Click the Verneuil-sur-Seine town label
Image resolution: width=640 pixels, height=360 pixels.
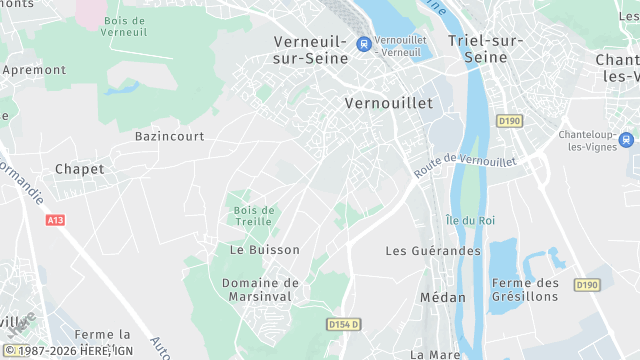311,49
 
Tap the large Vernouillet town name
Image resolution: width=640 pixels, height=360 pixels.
388,103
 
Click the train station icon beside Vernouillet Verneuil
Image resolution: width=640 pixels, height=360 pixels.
364,44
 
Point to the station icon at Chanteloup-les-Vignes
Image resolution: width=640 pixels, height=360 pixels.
627,141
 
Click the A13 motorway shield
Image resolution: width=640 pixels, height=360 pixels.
55,220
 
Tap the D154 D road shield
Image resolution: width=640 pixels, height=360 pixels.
343,325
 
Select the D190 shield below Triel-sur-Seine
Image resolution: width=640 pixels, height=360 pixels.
509,121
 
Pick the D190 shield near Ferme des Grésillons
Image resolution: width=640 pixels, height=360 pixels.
586,285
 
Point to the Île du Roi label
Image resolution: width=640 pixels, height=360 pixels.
470,220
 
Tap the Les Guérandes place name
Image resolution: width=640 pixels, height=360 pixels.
433,251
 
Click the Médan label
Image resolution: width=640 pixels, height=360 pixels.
442,297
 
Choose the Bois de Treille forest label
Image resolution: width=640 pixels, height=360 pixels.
255,216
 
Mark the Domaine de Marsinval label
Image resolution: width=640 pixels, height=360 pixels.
260,290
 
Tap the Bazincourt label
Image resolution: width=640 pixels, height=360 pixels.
169,135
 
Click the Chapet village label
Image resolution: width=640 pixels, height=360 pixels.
79,169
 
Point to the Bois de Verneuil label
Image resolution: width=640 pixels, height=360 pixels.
124,25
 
